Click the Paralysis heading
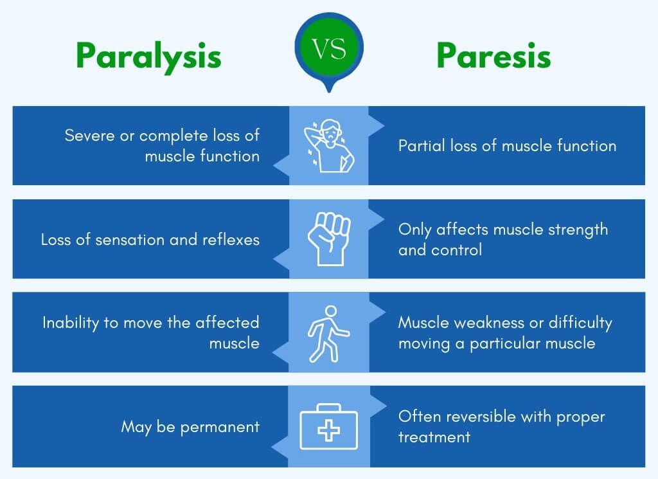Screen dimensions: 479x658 click(148, 57)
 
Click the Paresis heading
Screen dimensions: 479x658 click(493, 57)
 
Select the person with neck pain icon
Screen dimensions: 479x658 click(329, 145)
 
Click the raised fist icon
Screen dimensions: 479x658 click(329, 239)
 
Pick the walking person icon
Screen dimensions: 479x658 click(328, 332)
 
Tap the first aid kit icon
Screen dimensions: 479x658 click(329, 426)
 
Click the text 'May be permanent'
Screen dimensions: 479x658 click(190, 426)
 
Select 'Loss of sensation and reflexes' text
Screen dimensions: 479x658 click(150, 240)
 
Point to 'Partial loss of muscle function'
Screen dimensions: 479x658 click(507, 146)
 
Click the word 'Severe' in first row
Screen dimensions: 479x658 click(87, 136)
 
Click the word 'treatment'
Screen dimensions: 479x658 click(434, 437)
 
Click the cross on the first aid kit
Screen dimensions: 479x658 click(329, 430)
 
